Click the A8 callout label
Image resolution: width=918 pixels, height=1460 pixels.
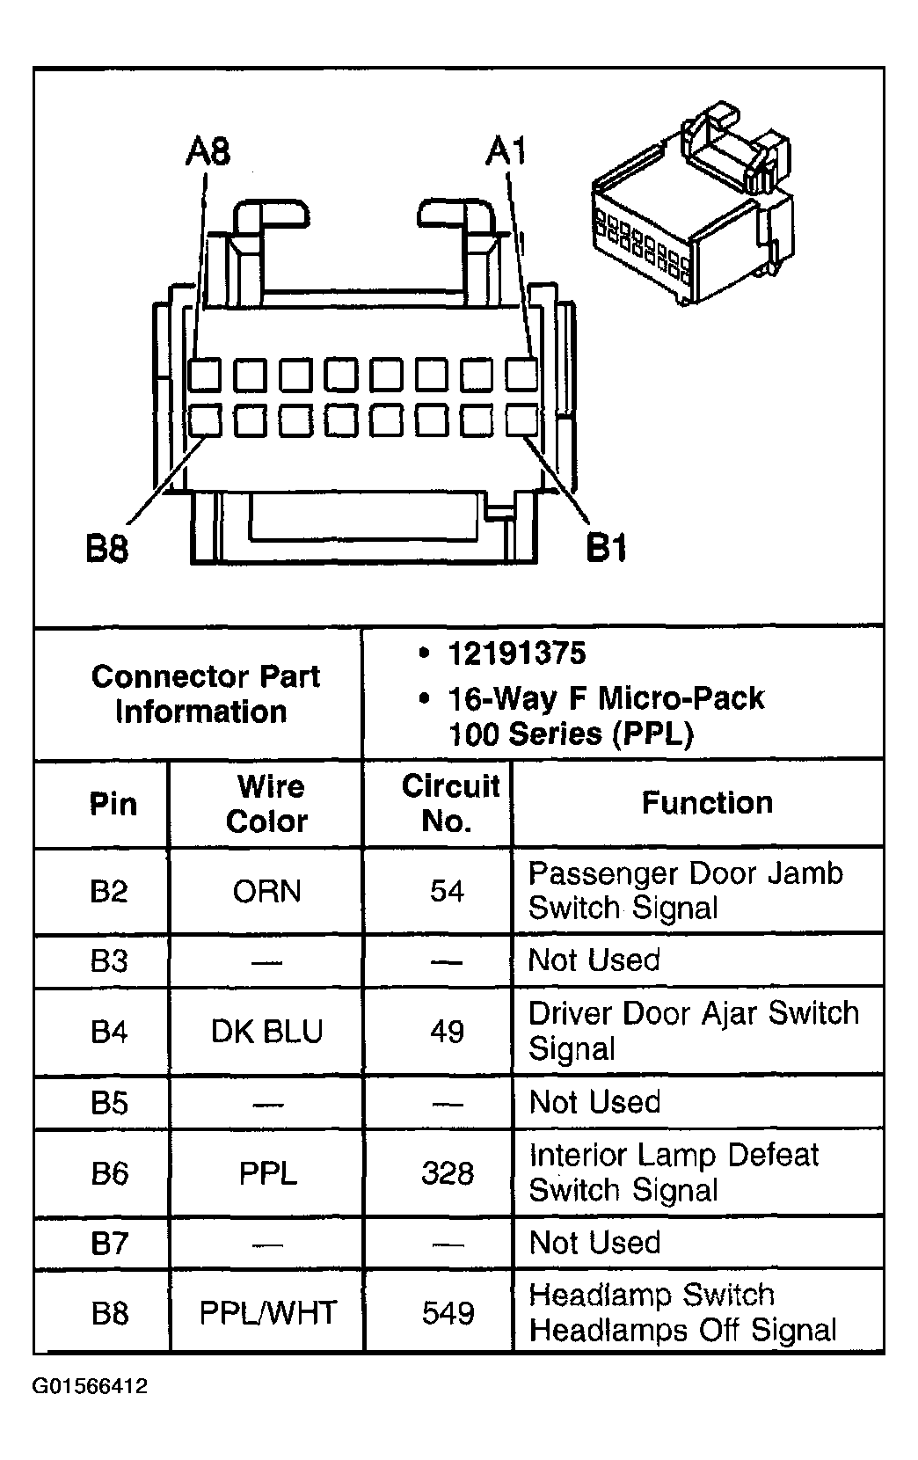point(208,151)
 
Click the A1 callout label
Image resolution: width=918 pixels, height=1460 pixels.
point(506,151)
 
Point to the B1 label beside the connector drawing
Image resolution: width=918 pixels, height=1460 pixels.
point(606,549)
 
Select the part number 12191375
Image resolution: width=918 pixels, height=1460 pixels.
point(516,653)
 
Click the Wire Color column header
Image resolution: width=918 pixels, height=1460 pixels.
point(267,804)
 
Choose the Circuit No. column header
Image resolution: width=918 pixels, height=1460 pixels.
point(448,804)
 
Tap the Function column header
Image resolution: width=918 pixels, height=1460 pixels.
point(707,803)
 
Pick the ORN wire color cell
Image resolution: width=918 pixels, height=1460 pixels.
point(267,892)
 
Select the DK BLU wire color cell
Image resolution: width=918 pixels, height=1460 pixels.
point(267,1031)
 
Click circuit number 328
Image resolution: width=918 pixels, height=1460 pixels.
point(448,1173)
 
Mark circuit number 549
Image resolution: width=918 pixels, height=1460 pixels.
point(448,1313)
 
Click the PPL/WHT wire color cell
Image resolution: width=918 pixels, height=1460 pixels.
point(267,1313)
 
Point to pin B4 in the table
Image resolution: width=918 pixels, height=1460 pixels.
point(109,1031)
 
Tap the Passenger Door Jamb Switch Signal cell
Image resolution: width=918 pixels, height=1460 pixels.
point(685,890)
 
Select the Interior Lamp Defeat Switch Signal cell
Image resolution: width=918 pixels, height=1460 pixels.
point(674,1172)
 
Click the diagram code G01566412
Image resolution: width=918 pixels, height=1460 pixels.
point(91,1387)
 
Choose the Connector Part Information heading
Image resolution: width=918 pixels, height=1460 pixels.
point(204,694)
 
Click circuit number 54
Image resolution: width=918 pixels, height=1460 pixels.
point(447,892)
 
